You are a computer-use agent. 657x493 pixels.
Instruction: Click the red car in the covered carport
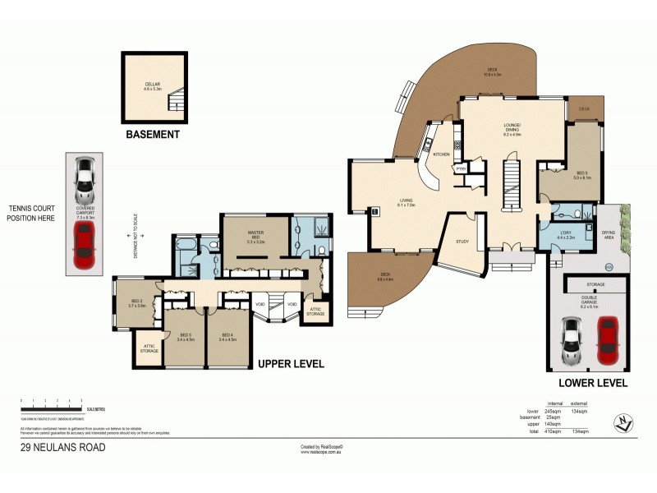83,245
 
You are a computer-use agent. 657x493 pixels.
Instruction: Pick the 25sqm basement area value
552,417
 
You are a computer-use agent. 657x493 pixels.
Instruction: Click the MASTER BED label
255,234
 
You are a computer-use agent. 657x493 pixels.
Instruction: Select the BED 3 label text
185,335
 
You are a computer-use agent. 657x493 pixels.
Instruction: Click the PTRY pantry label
461,169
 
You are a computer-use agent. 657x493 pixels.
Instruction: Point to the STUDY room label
462,242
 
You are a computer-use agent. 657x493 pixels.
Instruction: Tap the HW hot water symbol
609,266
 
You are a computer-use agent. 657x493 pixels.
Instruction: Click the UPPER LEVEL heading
291,363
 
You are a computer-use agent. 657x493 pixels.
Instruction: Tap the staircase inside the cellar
177,103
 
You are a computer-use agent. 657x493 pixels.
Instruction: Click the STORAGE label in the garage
595,284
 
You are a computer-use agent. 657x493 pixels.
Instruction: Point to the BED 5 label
581,173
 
